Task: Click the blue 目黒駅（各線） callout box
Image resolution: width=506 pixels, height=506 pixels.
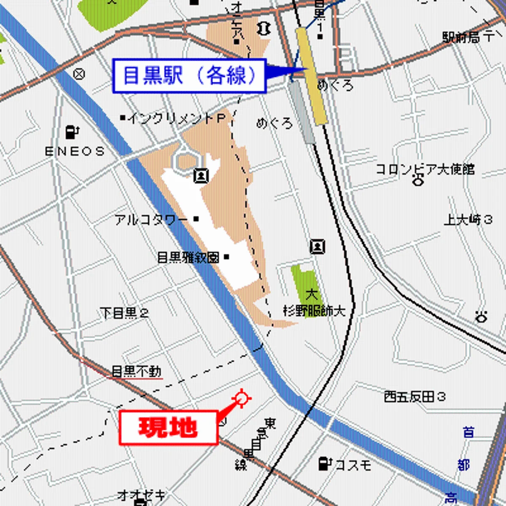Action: (189, 76)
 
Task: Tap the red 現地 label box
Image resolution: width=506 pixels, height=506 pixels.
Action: (168, 428)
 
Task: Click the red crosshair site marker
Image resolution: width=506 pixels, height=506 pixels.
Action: (242, 398)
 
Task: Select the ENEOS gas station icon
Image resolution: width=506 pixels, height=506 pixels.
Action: (73, 132)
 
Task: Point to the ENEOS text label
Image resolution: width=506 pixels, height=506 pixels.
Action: (75, 151)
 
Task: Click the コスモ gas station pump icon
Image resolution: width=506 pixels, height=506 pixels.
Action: (324, 463)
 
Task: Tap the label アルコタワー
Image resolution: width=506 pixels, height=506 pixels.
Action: (151, 220)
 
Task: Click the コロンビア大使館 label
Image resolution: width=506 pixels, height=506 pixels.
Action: (425, 170)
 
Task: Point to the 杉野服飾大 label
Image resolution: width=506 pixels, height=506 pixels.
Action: (314, 311)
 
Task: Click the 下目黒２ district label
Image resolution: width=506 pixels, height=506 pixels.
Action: (124, 313)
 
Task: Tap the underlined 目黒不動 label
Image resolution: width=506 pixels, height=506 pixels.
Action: (136, 371)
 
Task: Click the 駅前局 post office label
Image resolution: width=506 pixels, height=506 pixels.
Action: (461, 38)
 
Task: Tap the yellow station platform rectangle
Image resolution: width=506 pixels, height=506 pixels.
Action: (311, 76)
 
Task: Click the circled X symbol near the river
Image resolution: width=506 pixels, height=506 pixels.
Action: (79, 75)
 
